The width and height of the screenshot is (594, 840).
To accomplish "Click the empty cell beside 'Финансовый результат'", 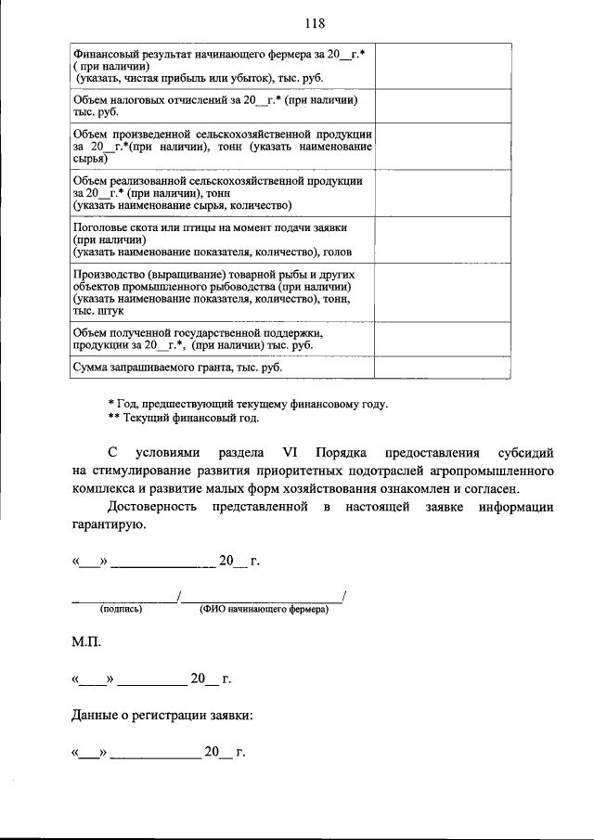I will (x=443, y=64).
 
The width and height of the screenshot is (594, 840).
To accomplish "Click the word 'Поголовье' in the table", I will (x=99, y=226).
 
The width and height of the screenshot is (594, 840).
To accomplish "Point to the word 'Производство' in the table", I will (x=107, y=276).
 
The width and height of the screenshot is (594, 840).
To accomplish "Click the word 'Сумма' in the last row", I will (x=90, y=368).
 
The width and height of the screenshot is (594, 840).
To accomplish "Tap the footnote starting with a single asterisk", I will (x=248, y=404).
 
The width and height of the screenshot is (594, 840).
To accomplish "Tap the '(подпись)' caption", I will (x=122, y=610).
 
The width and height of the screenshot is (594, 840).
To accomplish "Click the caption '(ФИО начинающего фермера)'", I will (x=264, y=610).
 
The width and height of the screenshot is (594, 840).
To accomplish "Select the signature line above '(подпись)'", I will (x=123, y=597).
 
